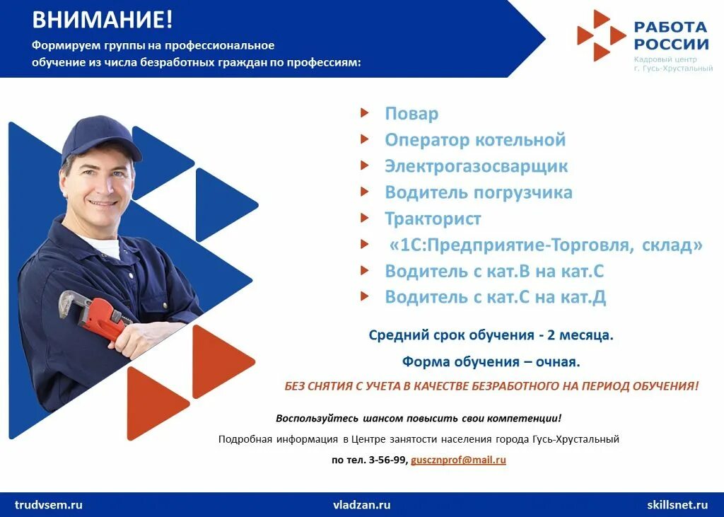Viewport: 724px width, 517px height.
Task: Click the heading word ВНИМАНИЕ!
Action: coord(103,19)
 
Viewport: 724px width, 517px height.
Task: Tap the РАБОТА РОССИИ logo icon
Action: coord(601,35)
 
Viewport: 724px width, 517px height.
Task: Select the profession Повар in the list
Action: coord(411,114)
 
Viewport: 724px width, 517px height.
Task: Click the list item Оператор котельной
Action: coord(475,140)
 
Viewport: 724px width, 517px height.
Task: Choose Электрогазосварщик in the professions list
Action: coord(476,167)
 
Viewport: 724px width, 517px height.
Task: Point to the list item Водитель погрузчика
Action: coord(479,192)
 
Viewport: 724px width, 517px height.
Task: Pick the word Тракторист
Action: coord(433,219)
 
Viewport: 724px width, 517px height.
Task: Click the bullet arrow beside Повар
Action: coord(364,112)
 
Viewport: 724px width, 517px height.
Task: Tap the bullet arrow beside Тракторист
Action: coord(364,217)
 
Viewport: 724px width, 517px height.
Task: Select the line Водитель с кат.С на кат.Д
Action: coord(495,297)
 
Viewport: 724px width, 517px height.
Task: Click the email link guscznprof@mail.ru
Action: coord(458,460)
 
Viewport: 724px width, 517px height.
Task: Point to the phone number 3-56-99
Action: coord(388,460)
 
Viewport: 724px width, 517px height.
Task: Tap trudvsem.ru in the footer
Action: coord(49,505)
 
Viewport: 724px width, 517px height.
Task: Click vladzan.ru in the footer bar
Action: coord(361,505)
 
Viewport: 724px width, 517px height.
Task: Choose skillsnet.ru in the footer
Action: coord(677,505)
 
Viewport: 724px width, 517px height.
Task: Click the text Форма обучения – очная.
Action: coord(491,362)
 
